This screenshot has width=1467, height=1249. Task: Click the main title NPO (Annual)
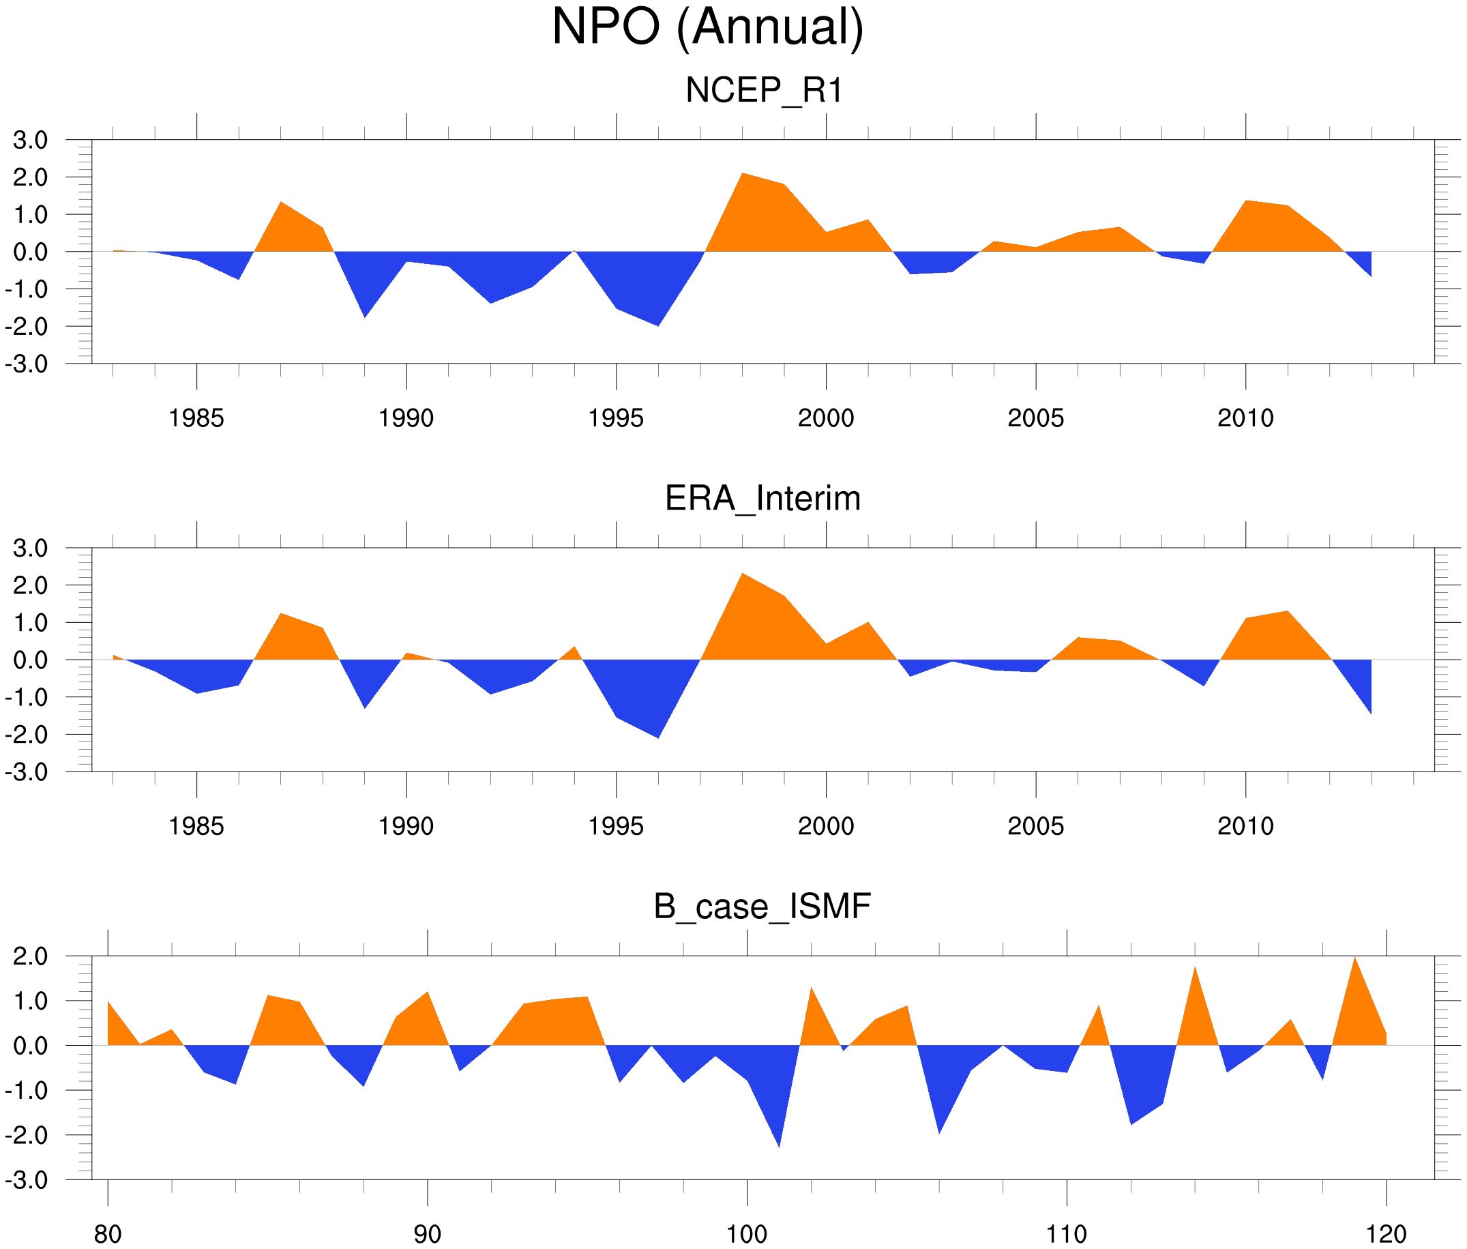[x=707, y=27]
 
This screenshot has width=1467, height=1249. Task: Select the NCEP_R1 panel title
[x=764, y=91]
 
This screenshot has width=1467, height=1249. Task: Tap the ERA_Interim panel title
[x=762, y=499]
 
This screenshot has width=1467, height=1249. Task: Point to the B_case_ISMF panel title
[x=762, y=907]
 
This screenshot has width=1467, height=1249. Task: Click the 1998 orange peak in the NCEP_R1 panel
[x=743, y=177]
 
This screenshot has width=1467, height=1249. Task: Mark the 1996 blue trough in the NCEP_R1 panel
[x=658, y=322]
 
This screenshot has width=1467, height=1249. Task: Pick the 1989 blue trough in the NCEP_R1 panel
[x=365, y=314]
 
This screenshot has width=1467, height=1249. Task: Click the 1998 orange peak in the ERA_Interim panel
[x=742, y=577]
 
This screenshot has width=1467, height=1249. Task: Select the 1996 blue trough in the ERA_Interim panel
[x=658, y=734]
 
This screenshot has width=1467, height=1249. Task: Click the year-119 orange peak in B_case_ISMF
[x=1354, y=961]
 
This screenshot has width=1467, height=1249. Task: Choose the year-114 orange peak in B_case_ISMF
[x=1194, y=971]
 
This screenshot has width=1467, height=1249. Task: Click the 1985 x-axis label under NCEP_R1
[x=196, y=418]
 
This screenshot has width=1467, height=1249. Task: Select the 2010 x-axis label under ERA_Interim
[x=1245, y=826]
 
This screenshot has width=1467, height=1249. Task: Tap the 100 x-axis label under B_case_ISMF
[x=747, y=1235]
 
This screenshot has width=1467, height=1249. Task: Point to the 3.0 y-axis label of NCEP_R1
[x=31, y=141]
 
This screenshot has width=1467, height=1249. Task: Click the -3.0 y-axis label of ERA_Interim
[x=26, y=772]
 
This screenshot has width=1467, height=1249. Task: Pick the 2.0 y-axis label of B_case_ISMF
[x=31, y=956]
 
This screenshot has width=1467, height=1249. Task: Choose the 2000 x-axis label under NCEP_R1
[x=825, y=418]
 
